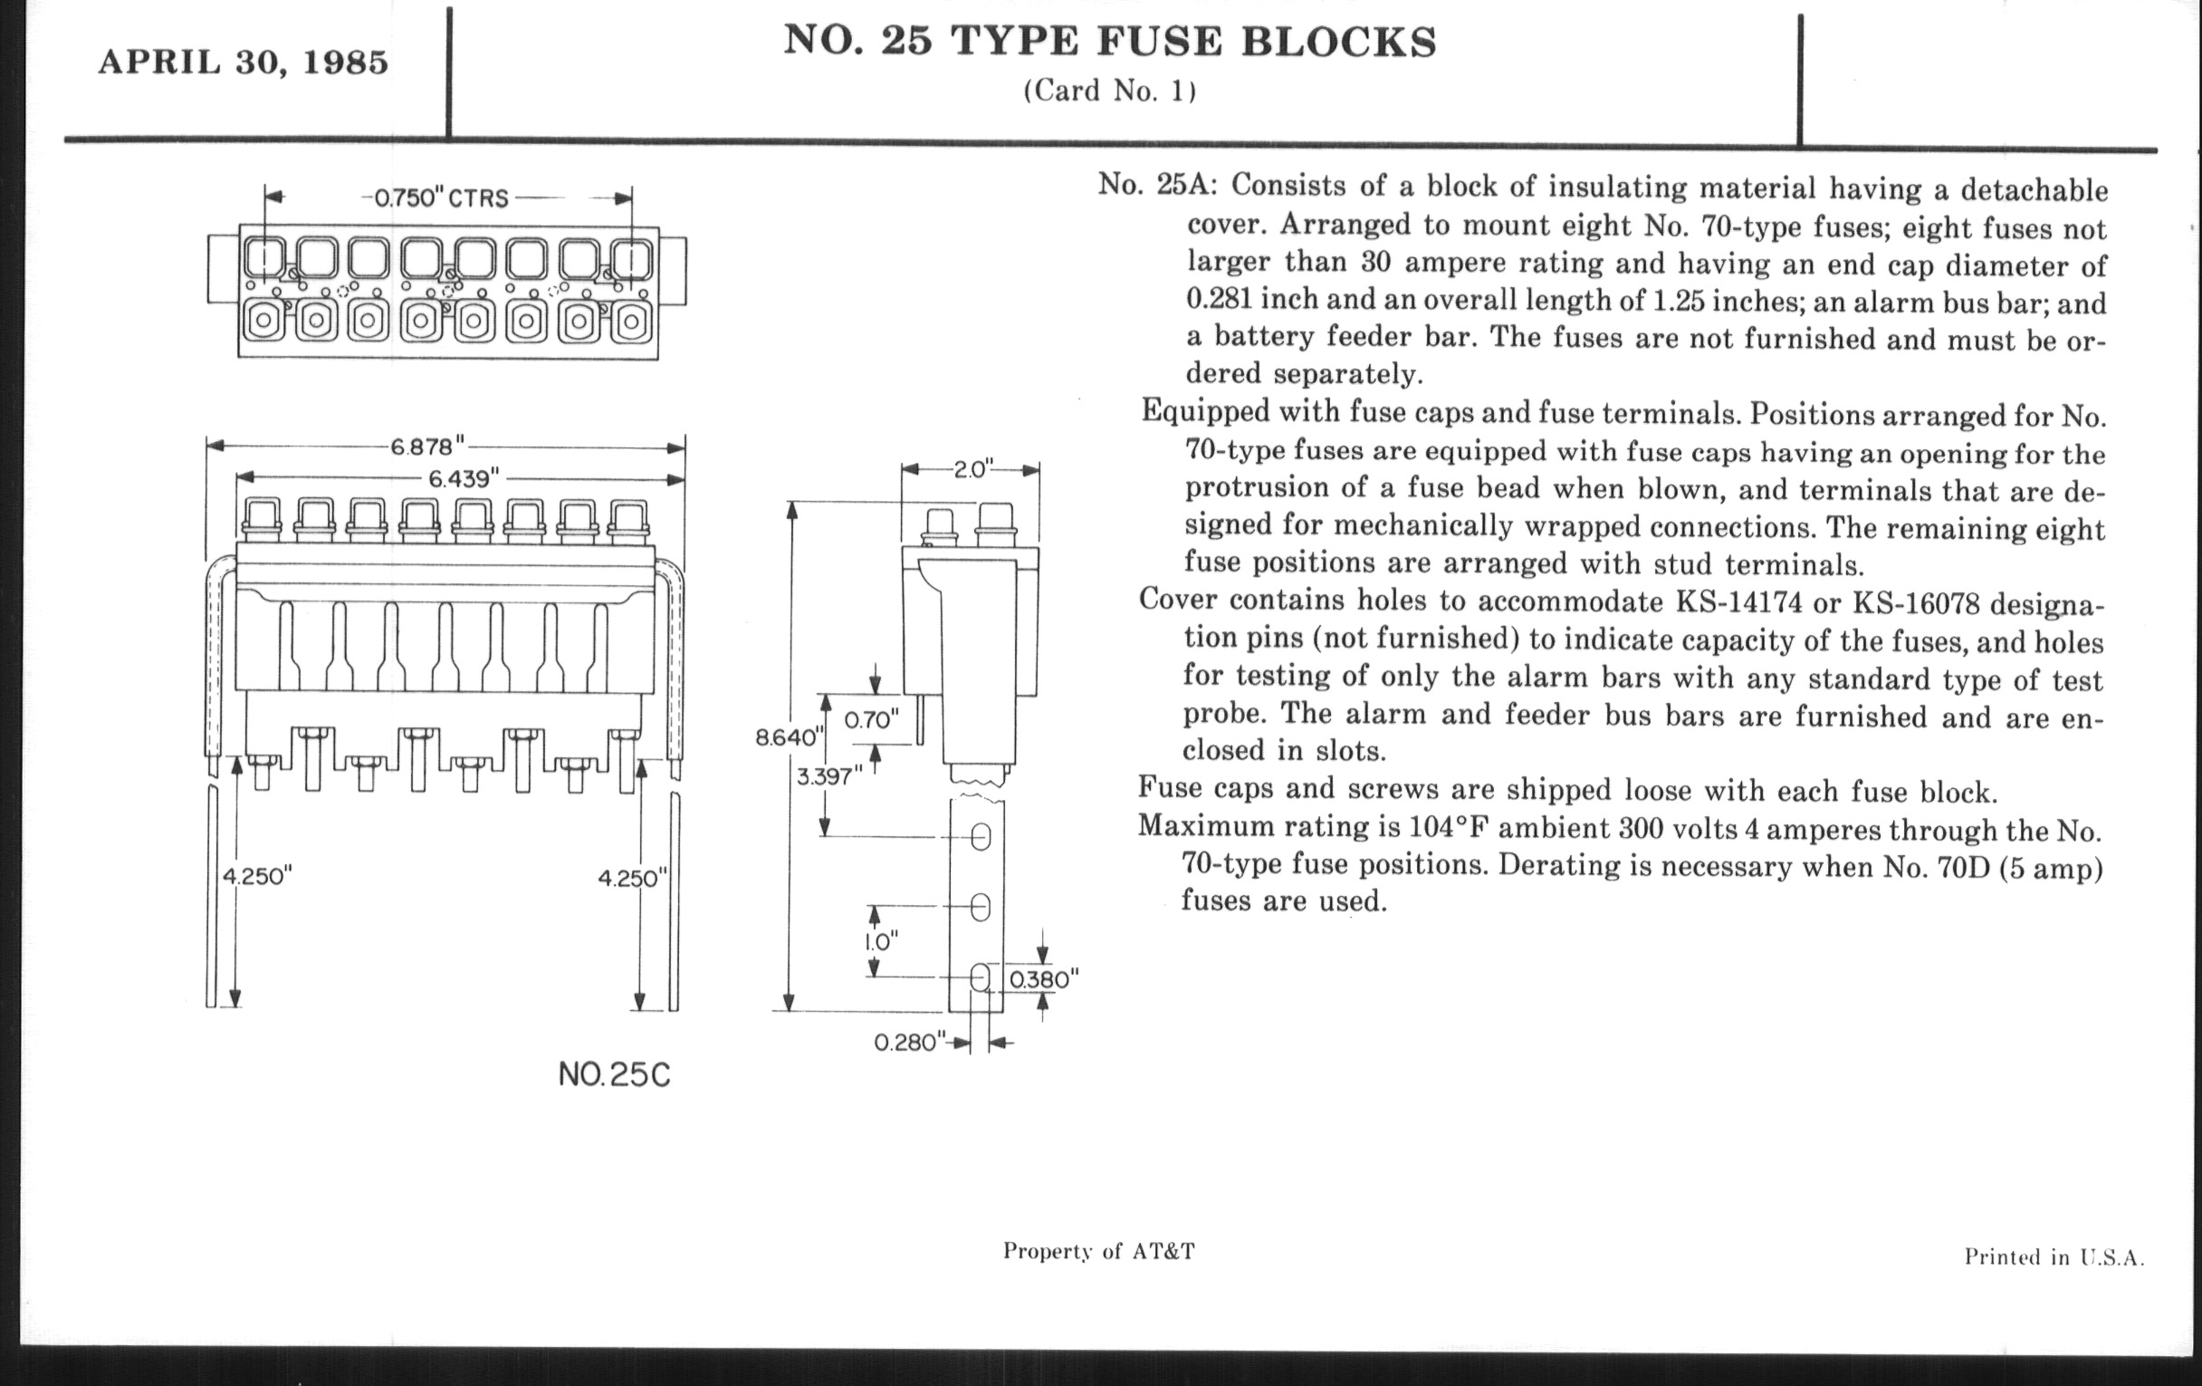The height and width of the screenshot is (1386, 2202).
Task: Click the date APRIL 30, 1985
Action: pos(244,63)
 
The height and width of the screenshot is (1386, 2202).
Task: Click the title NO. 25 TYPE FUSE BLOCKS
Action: pos(1110,42)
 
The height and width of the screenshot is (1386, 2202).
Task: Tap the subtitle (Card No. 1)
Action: pos(1110,91)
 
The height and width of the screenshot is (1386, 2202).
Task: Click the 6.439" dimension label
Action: pos(464,478)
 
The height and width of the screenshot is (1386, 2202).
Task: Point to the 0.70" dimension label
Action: pos(871,720)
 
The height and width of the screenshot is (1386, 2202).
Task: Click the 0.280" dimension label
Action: pos(909,1042)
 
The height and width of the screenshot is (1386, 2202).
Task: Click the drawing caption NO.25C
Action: pos(614,1075)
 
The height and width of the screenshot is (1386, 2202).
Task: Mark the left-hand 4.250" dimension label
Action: pos(257,875)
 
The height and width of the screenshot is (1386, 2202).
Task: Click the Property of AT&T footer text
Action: pos(1099,1251)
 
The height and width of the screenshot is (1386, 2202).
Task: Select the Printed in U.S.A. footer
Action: pos(2054,1257)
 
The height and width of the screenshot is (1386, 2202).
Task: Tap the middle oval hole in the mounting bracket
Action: pos(980,907)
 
